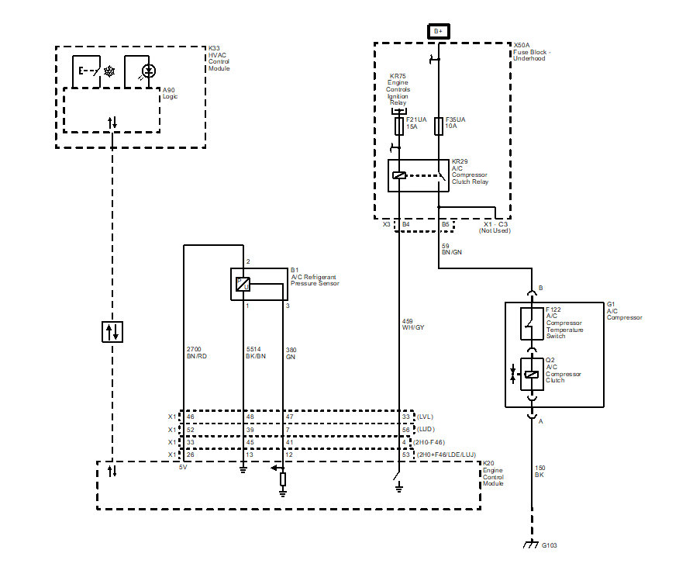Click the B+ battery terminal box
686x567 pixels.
(x=438, y=31)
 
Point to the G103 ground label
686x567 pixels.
(x=550, y=545)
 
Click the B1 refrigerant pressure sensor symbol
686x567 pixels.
(x=243, y=285)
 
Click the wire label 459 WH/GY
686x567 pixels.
(x=412, y=323)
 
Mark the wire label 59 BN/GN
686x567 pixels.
(x=451, y=250)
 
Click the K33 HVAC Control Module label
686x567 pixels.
(x=219, y=58)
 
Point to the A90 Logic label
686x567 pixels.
(x=171, y=93)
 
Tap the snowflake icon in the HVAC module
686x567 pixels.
(x=109, y=71)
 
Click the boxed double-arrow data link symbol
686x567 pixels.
(x=112, y=332)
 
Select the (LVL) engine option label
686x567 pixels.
(x=426, y=417)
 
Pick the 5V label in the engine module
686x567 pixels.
(x=184, y=468)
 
